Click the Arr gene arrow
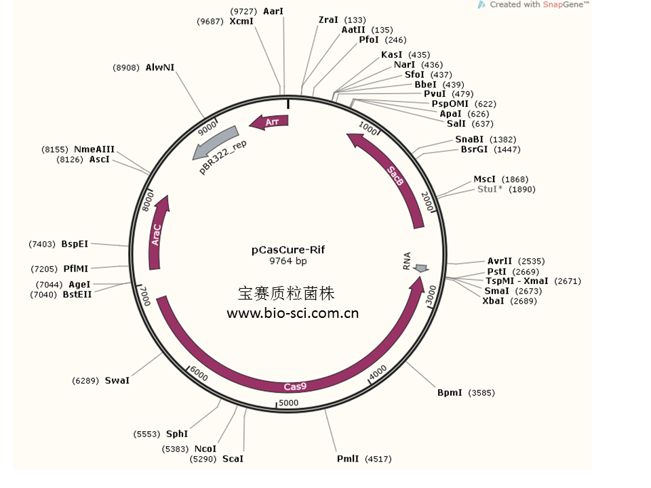[269, 122]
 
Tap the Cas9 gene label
[295, 386]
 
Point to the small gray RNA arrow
[421, 269]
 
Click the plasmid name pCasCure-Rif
[288, 249]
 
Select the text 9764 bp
[288, 260]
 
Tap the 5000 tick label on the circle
[288, 403]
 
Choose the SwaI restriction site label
[117, 381]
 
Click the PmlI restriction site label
[348, 459]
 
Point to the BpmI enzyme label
[450, 392]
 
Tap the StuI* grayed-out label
[490, 189]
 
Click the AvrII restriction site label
[500, 261]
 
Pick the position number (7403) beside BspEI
[43, 244]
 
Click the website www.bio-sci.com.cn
[292, 313]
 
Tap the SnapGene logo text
[568, 5]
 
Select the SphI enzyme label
[177, 434]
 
